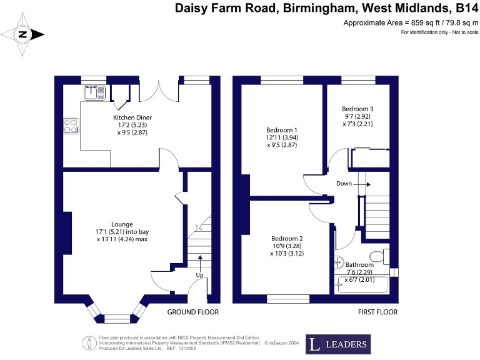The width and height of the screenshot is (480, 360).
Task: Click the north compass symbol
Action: (x=23, y=35)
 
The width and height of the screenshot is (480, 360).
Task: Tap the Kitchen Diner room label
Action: (x=132, y=117)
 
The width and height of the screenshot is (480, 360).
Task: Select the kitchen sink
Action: (x=96, y=92)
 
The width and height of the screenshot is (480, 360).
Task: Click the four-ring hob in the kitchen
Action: (x=71, y=126)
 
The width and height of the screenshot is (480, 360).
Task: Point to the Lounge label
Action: (x=122, y=224)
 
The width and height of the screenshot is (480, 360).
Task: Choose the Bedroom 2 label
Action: (x=287, y=238)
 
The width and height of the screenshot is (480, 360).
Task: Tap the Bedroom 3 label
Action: (x=357, y=108)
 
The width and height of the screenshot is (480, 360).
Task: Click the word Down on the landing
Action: (x=344, y=184)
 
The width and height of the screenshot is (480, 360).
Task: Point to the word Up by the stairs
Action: (x=200, y=274)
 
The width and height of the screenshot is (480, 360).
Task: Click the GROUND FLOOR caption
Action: (x=192, y=311)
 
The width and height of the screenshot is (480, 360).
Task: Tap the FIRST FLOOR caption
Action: (x=377, y=311)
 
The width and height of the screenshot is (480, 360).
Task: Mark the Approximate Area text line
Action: (x=411, y=22)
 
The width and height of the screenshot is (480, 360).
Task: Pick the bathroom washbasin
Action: (x=340, y=262)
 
